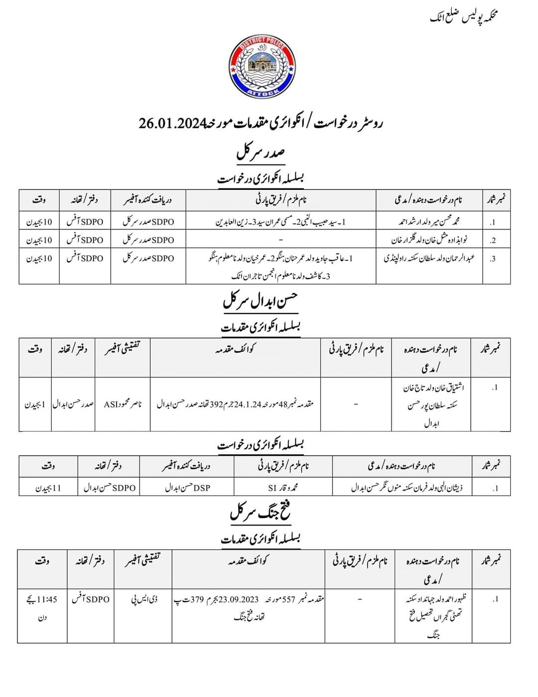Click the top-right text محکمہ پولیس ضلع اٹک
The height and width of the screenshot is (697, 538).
click(464, 17)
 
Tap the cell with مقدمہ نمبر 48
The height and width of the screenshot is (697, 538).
click(235, 404)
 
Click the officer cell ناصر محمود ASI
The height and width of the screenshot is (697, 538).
click(123, 404)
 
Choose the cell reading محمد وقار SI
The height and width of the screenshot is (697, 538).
click(283, 487)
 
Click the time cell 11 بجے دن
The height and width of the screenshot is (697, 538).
click(48, 487)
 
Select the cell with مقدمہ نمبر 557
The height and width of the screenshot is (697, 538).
click(248, 608)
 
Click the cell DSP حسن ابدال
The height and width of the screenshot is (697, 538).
click(187, 487)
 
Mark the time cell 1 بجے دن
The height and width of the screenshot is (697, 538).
click(35, 404)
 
